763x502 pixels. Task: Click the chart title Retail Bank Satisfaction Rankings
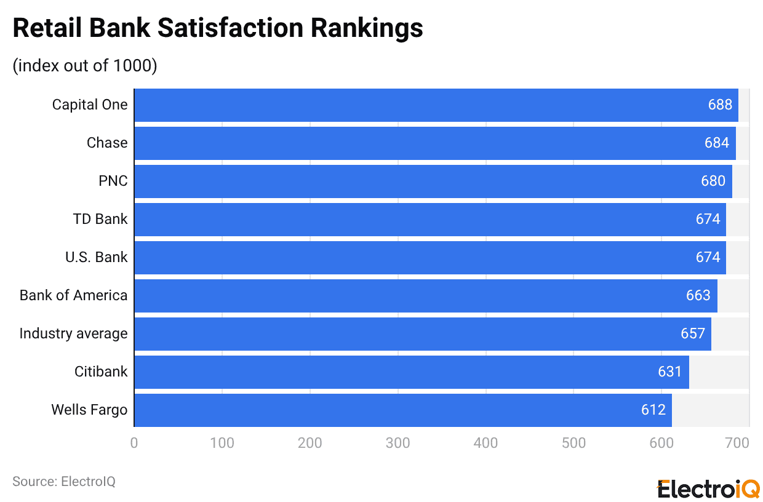pos(218,28)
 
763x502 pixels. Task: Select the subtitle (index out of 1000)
pos(85,65)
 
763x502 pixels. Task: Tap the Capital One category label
pos(90,105)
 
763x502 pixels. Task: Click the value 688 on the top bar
pos(720,105)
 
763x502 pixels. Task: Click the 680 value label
pos(713,181)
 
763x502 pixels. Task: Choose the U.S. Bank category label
pos(97,257)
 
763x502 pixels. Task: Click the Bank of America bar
pos(425,295)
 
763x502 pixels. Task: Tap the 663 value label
pos(698,295)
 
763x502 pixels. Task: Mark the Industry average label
pos(73,333)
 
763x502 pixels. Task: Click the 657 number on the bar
pos(693,333)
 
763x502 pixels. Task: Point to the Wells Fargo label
pos(89,410)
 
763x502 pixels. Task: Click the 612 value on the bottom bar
pos(653,410)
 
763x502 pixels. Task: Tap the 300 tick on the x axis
pos(398,443)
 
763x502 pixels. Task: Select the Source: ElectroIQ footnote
pos(64,482)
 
